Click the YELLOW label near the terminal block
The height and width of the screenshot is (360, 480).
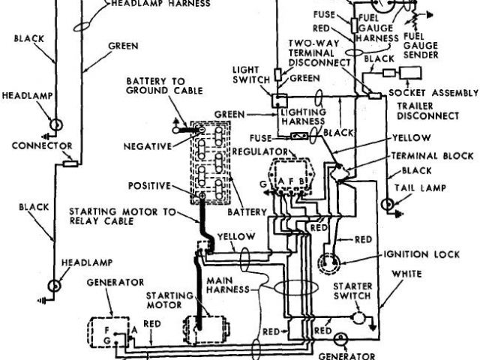point(411,138)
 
